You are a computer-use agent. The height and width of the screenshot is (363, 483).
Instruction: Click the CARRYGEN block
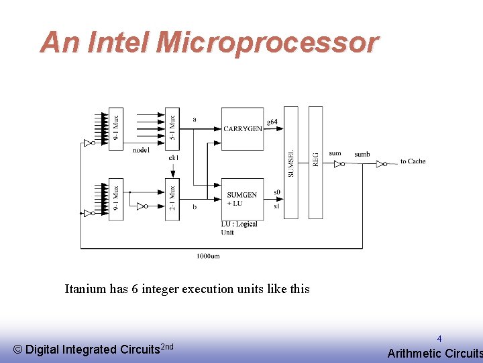(242, 128)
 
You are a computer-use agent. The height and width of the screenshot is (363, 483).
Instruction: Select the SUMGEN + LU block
(242, 199)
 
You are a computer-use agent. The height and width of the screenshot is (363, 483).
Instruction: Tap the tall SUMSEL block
(290, 162)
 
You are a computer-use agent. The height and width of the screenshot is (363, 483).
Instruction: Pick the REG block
(315, 162)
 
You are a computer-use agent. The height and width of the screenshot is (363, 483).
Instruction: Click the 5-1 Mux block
(172, 129)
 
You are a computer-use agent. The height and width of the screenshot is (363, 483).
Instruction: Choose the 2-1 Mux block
(172, 198)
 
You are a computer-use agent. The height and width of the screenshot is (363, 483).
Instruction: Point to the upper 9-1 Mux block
(115, 129)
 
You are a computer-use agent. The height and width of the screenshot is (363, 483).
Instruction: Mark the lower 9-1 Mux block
(115, 198)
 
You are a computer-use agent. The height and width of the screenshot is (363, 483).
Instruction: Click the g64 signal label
(272, 122)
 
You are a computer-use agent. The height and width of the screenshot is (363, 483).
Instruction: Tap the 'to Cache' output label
(413, 161)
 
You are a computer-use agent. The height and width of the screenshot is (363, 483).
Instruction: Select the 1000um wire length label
(208, 256)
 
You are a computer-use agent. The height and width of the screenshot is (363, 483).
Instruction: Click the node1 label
(141, 150)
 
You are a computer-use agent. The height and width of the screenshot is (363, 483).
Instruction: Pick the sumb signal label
(362, 155)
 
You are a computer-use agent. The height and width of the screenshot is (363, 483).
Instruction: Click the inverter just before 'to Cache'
(381, 163)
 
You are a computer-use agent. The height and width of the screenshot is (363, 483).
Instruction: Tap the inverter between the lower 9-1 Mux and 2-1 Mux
(142, 206)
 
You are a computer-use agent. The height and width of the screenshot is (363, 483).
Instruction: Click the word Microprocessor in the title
(267, 42)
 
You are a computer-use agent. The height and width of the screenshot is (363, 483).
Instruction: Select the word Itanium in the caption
(85, 289)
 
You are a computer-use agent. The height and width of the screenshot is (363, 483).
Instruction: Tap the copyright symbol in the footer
(18, 350)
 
